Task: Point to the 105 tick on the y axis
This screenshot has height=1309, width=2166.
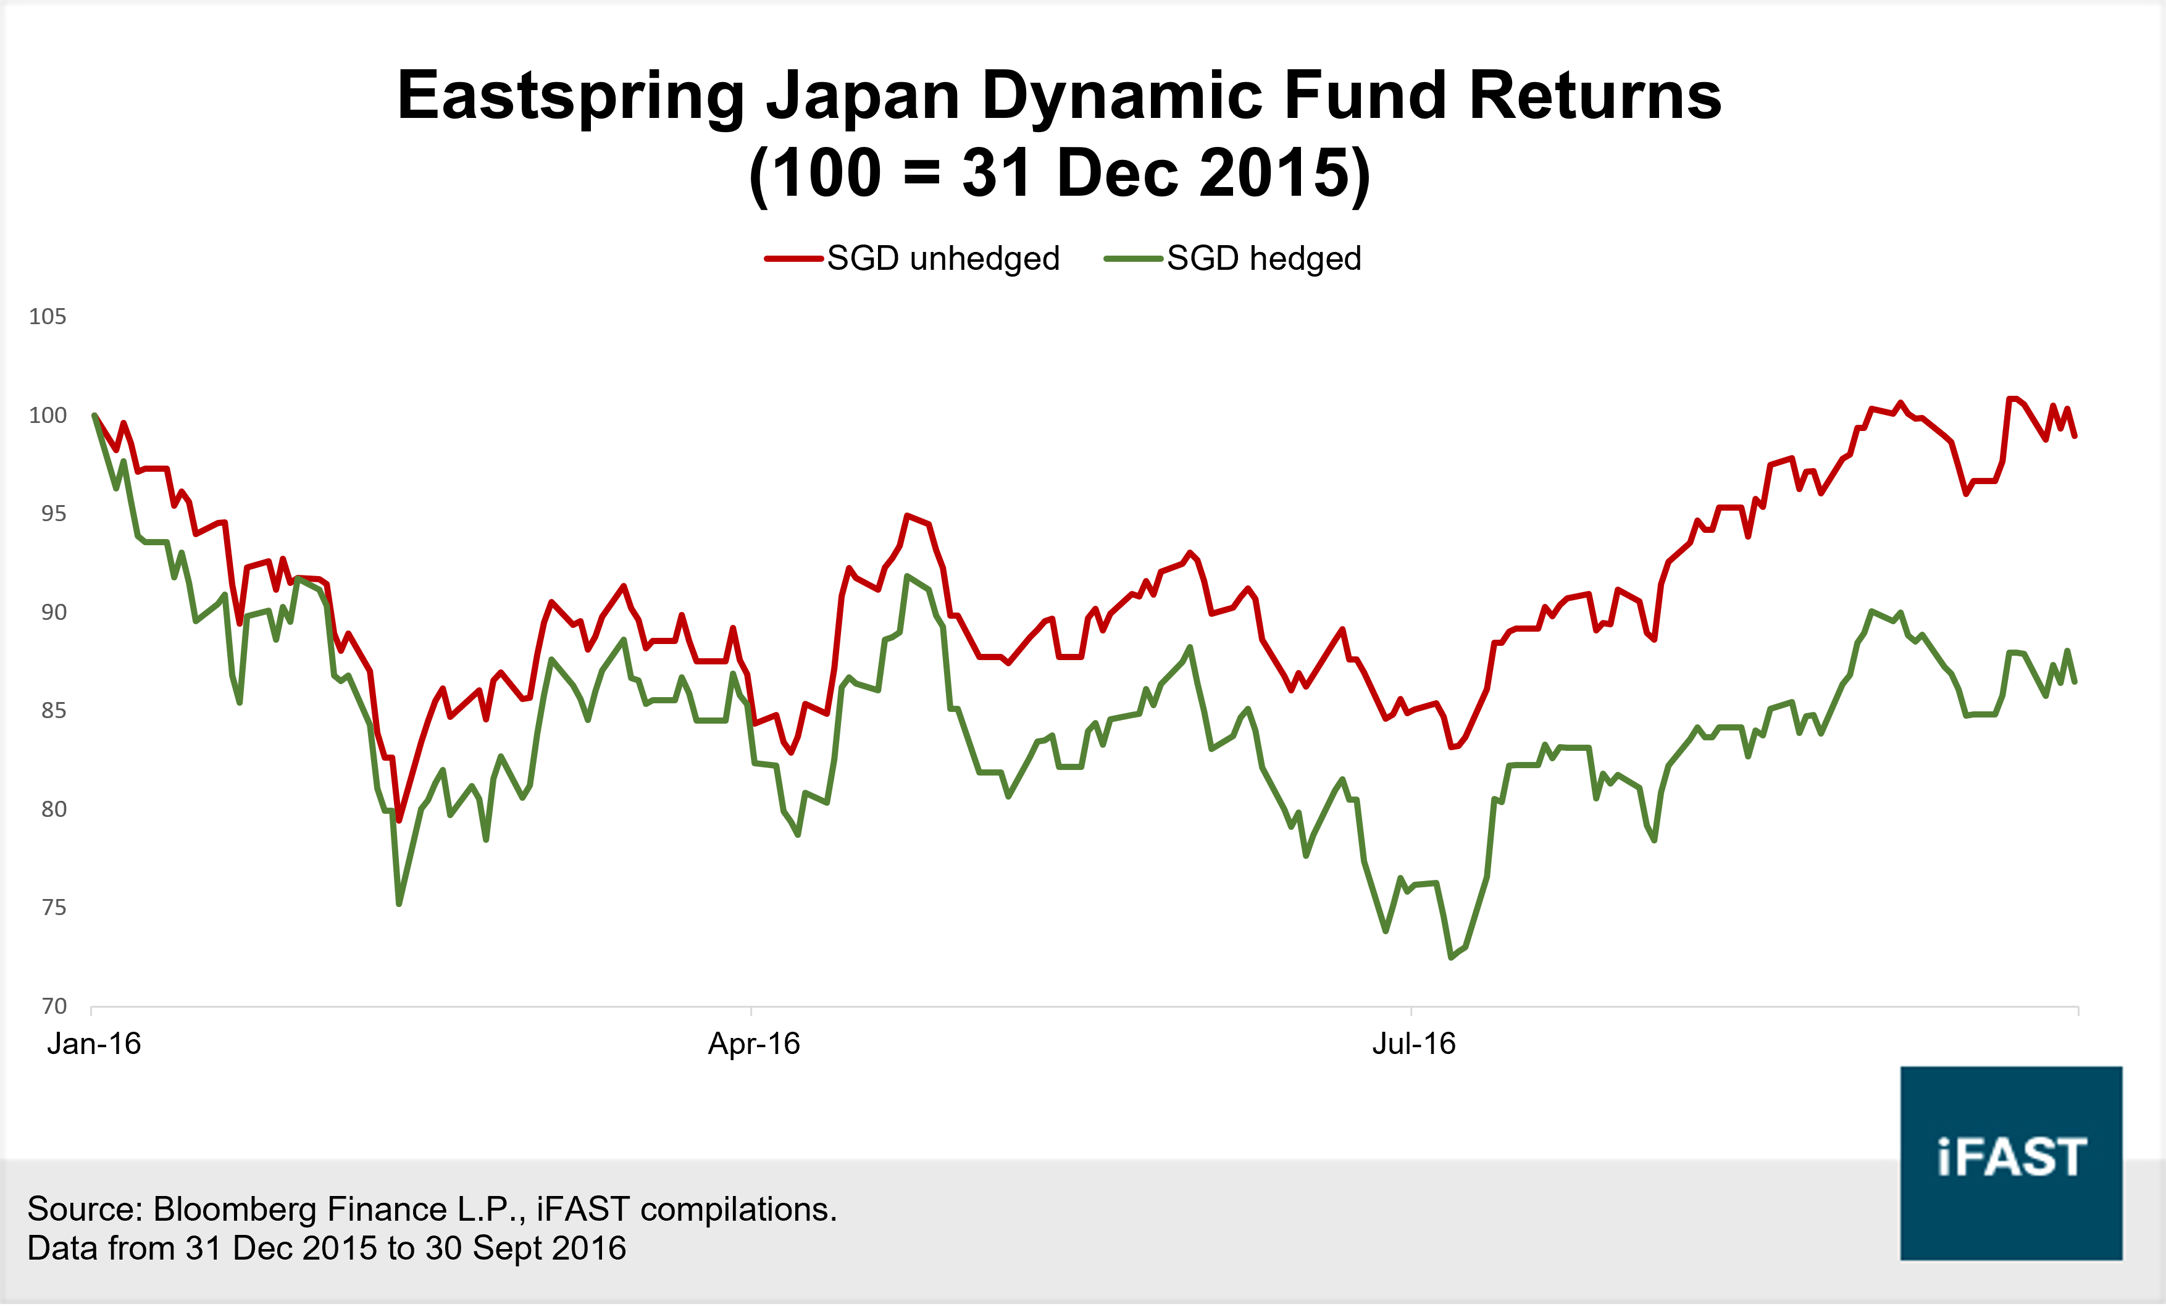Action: (x=48, y=317)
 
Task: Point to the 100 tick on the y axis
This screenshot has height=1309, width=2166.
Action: (x=48, y=415)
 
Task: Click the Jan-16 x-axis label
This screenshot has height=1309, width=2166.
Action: (x=94, y=1043)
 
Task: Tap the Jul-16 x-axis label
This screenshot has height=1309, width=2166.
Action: (x=1413, y=1043)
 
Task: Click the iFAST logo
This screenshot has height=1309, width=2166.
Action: (x=2011, y=1163)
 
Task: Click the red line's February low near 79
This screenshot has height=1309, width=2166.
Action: (x=399, y=820)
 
